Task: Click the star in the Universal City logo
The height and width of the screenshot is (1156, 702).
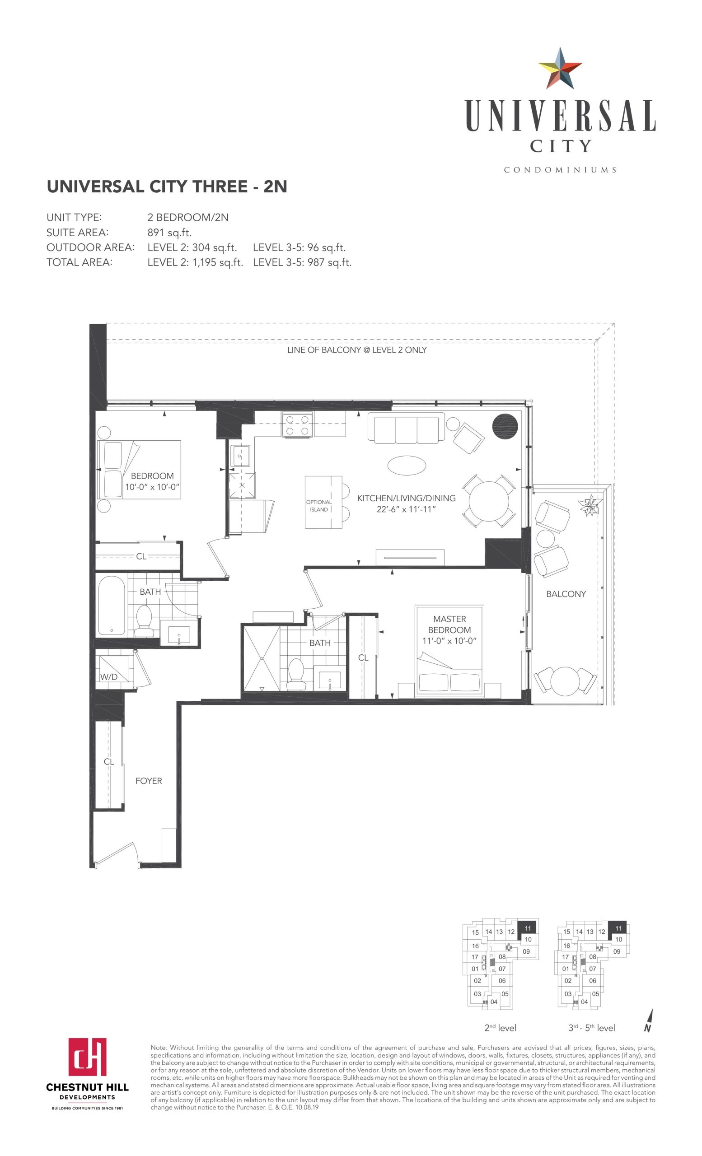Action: click(x=560, y=68)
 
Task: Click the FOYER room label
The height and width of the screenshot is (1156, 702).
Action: click(x=149, y=781)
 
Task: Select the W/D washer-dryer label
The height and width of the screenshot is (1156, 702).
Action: click(x=108, y=677)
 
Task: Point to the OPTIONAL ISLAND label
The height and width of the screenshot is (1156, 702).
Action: click(x=318, y=506)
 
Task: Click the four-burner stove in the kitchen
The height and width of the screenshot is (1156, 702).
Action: click(x=298, y=424)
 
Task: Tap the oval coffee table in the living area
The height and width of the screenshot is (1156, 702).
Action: click(x=407, y=466)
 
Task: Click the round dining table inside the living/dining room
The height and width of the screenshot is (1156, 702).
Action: click(x=488, y=502)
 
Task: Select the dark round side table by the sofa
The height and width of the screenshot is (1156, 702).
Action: click(x=505, y=426)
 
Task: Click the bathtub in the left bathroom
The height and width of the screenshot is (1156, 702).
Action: click(x=112, y=605)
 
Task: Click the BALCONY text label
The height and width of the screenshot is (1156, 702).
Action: click(x=566, y=594)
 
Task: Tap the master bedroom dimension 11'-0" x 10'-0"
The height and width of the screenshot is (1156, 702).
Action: click(x=449, y=641)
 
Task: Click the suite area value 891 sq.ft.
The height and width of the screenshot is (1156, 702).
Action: click(x=169, y=233)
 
